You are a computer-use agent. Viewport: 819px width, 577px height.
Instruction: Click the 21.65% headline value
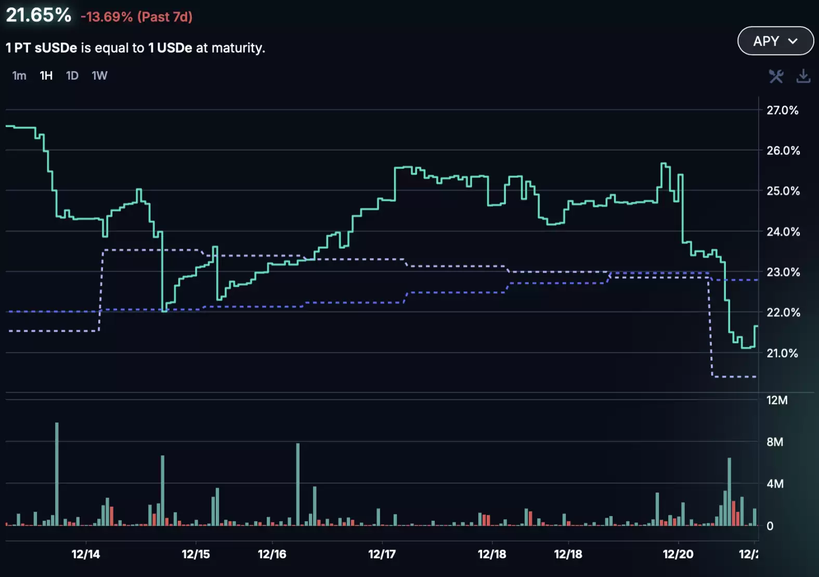[x=38, y=15]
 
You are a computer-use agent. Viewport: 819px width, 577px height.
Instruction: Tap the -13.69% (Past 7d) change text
[x=136, y=17]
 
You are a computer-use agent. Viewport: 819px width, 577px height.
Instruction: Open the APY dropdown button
[x=775, y=41]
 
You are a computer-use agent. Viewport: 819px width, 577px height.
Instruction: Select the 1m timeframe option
[x=19, y=76]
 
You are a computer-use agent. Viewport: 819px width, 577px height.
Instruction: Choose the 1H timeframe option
[x=46, y=76]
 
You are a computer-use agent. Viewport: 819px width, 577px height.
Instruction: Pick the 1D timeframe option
[x=72, y=76]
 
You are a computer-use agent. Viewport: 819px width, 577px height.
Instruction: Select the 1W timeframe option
[x=99, y=76]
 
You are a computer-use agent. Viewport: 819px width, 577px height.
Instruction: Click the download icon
[x=803, y=76]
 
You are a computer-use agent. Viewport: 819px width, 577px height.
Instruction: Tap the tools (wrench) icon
[x=776, y=76]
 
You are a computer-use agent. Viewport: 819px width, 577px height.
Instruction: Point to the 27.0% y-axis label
[x=782, y=110]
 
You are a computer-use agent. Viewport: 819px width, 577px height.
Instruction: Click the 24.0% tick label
[x=783, y=232]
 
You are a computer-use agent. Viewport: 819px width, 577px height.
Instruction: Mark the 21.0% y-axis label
[x=782, y=353]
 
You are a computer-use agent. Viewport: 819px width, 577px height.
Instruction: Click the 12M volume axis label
[x=777, y=400]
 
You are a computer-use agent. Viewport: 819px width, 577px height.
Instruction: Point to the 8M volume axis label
[x=775, y=442]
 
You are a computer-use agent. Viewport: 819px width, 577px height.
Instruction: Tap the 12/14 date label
[x=86, y=554]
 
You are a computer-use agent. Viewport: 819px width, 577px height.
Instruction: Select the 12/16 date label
[x=272, y=554]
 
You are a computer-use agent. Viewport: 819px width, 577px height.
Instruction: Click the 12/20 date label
[x=678, y=554]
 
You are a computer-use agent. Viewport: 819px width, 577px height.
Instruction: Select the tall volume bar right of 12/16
[x=298, y=484]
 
